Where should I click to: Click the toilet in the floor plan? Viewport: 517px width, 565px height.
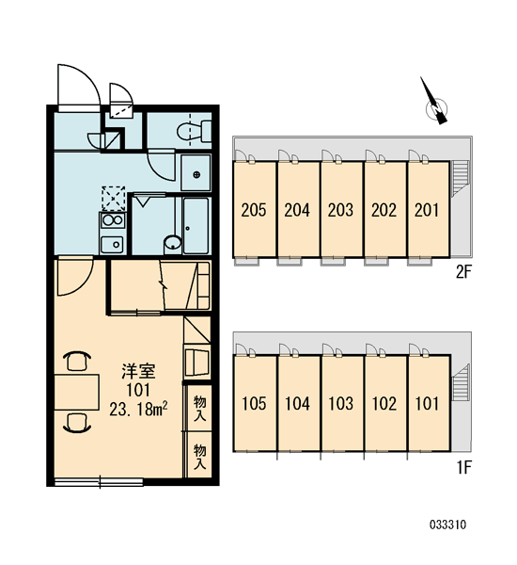pos(194,131)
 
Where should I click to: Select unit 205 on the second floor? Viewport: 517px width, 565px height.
pos(254,209)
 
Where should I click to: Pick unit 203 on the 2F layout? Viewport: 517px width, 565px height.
pos(341,209)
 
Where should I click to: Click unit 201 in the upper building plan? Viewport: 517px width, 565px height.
pos(428,209)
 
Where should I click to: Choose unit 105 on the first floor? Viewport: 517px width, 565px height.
pos(254,403)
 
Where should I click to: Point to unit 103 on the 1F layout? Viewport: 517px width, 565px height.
pos(341,403)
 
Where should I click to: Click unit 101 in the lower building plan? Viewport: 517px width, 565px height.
pos(429,403)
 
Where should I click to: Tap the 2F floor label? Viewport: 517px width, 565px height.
pos(463,272)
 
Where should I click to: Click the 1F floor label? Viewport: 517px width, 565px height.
pos(464,468)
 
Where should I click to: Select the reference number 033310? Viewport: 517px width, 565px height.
pos(447,525)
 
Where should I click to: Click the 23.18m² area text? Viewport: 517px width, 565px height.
pos(138,410)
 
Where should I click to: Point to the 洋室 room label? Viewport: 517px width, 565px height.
pos(138,371)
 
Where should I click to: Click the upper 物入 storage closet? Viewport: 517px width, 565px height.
pos(199,408)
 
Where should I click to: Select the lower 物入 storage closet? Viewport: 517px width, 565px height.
pos(199,456)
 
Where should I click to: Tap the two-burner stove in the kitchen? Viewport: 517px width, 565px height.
pos(113,220)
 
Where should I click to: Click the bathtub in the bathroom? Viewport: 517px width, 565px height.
pos(196,226)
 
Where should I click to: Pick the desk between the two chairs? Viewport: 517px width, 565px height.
pos(77,392)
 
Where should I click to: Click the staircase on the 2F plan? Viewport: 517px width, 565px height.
pos(461,178)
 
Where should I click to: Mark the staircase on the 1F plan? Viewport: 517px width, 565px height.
pos(461,382)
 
